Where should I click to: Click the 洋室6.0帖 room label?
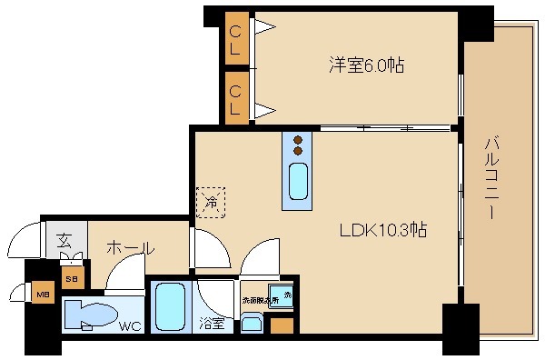click(x=366, y=65)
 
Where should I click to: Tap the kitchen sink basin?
click(x=297, y=181)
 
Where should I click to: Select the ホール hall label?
click(x=130, y=247)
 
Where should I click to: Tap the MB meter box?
click(x=42, y=294)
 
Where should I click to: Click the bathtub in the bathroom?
click(x=170, y=306)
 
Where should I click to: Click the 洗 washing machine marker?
click(x=287, y=293)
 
